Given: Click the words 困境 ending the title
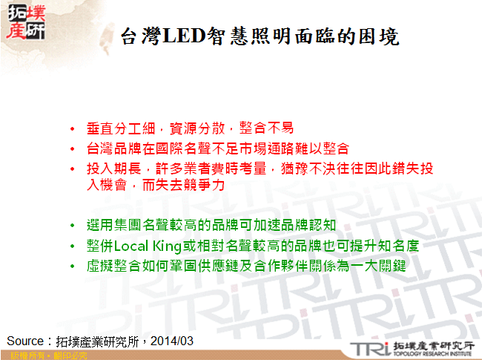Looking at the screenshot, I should point(377,36).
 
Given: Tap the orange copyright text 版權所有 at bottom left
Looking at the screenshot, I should point(22,356).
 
